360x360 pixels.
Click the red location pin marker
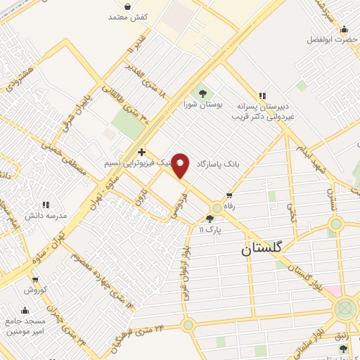click(x=181, y=165)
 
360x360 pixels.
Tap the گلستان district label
click(x=261, y=248)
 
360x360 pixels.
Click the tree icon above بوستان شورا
click(x=202, y=93)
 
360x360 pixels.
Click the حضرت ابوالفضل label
click(x=332, y=39)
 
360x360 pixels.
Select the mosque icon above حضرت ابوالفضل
click(x=344, y=29)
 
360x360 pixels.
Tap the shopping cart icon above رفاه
click(x=229, y=196)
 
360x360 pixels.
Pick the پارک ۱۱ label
click(x=210, y=229)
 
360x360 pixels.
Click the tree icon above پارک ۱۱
click(x=210, y=219)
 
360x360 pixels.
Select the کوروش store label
click(x=35, y=290)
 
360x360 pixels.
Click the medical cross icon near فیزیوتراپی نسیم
click(x=142, y=152)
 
